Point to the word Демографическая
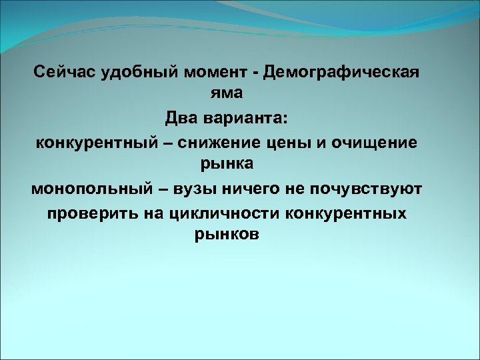click(x=342, y=72)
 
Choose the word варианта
click(x=247, y=119)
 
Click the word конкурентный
click(x=100, y=143)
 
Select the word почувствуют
click(x=371, y=189)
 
